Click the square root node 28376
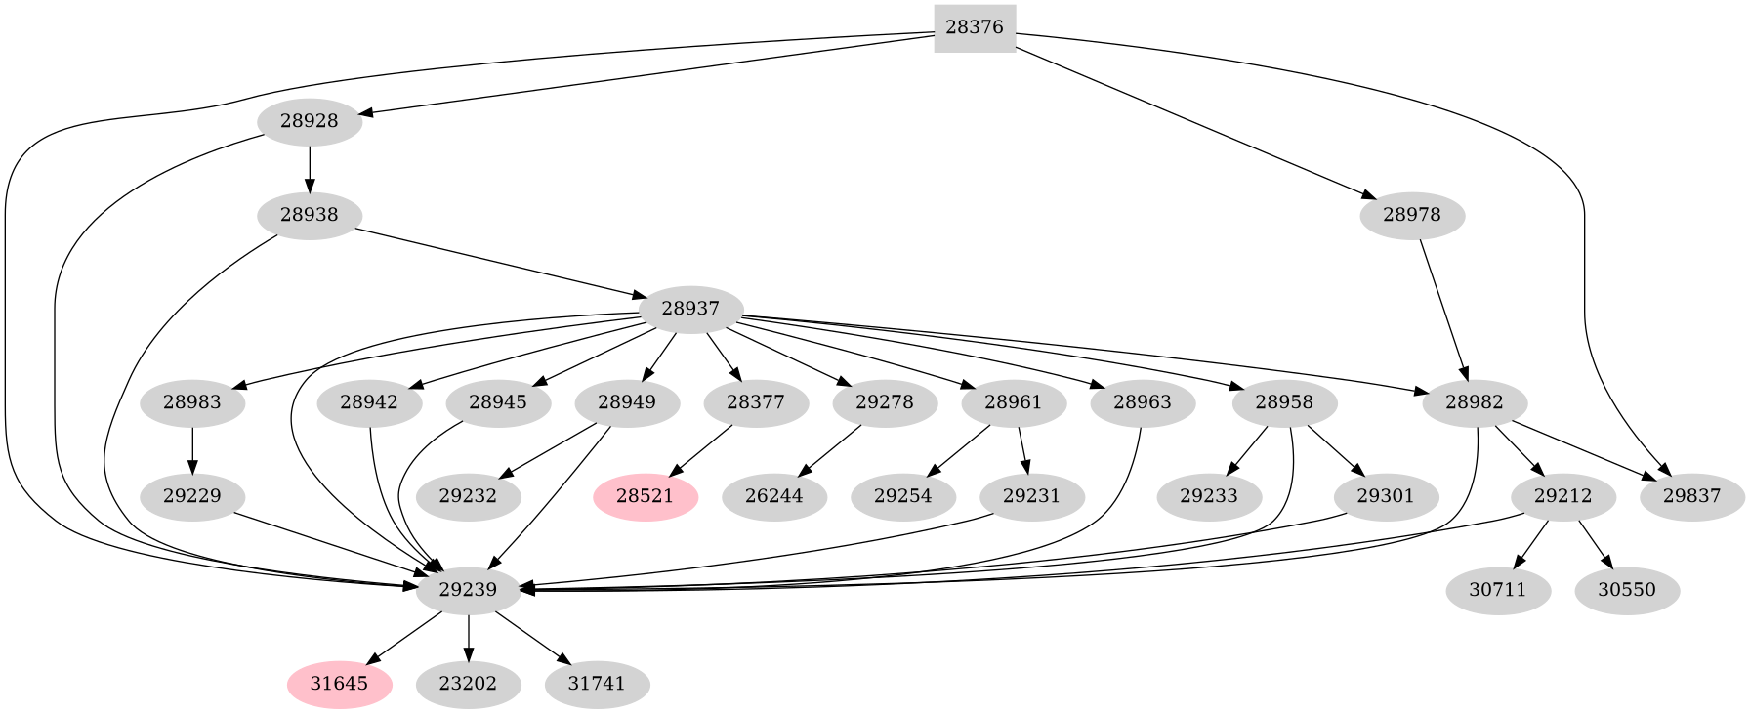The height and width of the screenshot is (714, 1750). (x=975, y=27)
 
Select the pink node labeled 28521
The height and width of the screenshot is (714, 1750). (x=645, y=496)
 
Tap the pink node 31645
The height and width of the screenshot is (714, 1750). (x=339, y=684)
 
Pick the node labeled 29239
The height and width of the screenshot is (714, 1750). (x=468, y=590)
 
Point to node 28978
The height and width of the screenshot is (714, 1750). (x=1411, y=215)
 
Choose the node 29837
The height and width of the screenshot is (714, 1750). (x=1691, y=496)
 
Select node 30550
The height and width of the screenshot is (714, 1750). (x=1627, y=590)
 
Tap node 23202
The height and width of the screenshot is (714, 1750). (x=468, y=684)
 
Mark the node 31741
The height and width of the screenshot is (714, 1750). (x=597, y=684)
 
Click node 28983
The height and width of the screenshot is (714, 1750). (x=192, y=402)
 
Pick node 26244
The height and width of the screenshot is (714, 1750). (x=773, y=496)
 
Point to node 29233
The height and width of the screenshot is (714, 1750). (x=1208, y=496)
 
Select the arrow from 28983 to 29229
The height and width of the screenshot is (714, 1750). (x=192, y=449)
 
